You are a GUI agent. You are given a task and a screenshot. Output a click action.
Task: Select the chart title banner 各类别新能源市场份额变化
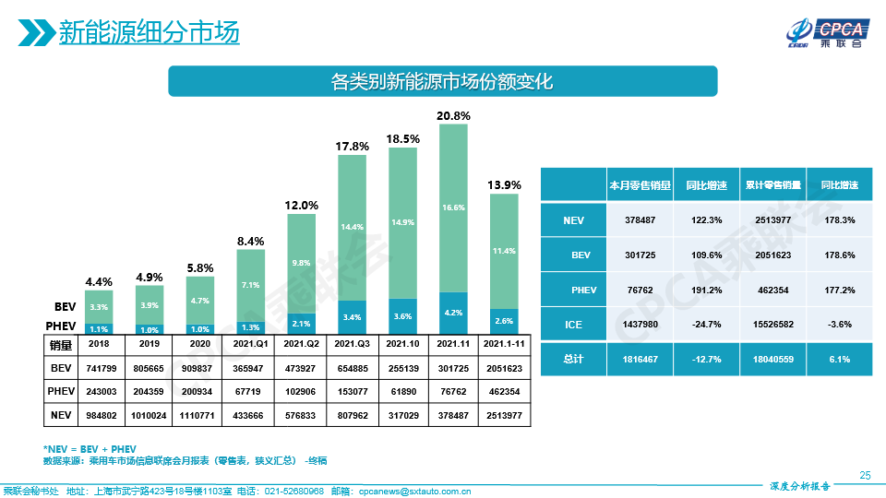442,81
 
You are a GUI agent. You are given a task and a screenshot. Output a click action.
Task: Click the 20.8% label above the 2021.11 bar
453,116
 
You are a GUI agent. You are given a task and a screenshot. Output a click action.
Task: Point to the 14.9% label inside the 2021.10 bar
402,222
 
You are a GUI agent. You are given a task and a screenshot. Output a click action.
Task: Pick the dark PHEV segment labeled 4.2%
453,313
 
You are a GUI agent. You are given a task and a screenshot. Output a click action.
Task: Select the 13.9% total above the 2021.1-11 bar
504,185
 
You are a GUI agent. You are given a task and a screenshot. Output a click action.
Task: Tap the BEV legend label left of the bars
64,305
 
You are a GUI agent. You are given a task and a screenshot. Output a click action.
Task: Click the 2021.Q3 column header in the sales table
352,343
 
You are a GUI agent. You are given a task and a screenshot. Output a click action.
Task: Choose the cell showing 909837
199,367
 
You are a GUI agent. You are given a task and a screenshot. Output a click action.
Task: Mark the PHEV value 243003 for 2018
98,391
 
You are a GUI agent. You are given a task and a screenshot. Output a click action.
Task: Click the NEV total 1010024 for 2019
149,415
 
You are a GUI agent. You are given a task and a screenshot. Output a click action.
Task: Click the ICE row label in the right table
573,324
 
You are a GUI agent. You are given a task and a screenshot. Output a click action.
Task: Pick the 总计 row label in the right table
573,359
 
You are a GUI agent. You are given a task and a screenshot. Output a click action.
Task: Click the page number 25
865,475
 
